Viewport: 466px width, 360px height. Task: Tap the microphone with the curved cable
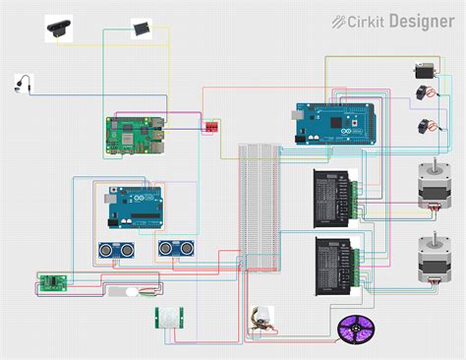[21, 84]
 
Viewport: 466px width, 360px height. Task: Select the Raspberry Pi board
[134, 135]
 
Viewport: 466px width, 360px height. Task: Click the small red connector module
[211, 126]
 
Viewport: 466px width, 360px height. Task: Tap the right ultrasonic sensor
[174, 247]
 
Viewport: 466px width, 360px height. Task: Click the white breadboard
[260, 206]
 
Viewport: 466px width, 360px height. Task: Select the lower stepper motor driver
[335, 263]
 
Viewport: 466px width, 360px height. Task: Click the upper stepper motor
[432, 186]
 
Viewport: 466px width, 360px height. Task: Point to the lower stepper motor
[432, 257]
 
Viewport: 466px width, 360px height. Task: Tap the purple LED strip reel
[353, 328]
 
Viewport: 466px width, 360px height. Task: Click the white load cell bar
[132, 292]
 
